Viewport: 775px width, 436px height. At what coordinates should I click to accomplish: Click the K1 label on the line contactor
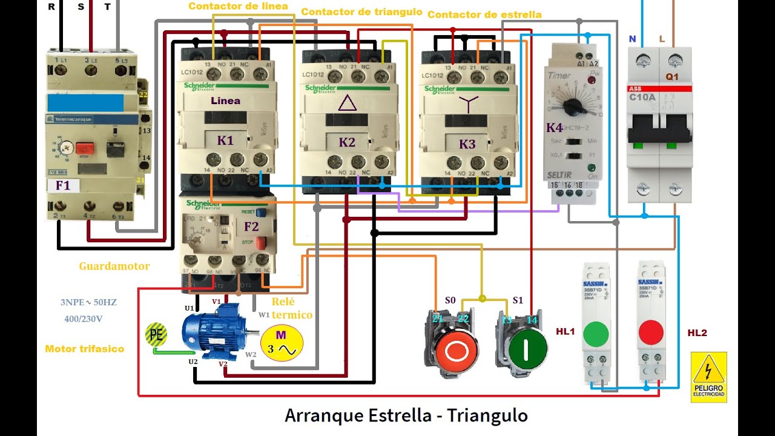(x=225, y=141)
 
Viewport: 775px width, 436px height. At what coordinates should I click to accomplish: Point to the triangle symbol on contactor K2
(x=347, y=103)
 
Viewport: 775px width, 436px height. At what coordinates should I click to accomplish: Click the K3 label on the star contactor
(x=467, y=144)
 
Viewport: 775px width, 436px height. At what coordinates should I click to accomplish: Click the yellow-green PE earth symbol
(x=156, y=334)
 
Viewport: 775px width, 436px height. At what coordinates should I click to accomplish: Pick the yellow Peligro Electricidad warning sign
(x=708, y=377)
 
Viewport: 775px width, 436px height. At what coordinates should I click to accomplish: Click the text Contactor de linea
(x=238, y=6)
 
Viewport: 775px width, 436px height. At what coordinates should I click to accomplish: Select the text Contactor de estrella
(x=484, y=14)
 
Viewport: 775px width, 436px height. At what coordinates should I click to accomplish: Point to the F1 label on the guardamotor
(x=63, y=185)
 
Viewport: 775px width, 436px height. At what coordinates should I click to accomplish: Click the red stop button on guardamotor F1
(x=85, y=148)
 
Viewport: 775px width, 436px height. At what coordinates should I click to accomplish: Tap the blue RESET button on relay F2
(x=261, y=213)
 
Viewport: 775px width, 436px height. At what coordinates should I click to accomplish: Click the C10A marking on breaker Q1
(x=642, y=96)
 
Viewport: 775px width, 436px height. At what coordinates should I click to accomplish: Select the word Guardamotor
(x=114, y=266)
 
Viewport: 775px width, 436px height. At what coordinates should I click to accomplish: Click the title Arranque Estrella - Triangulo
(x=406, y=416)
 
